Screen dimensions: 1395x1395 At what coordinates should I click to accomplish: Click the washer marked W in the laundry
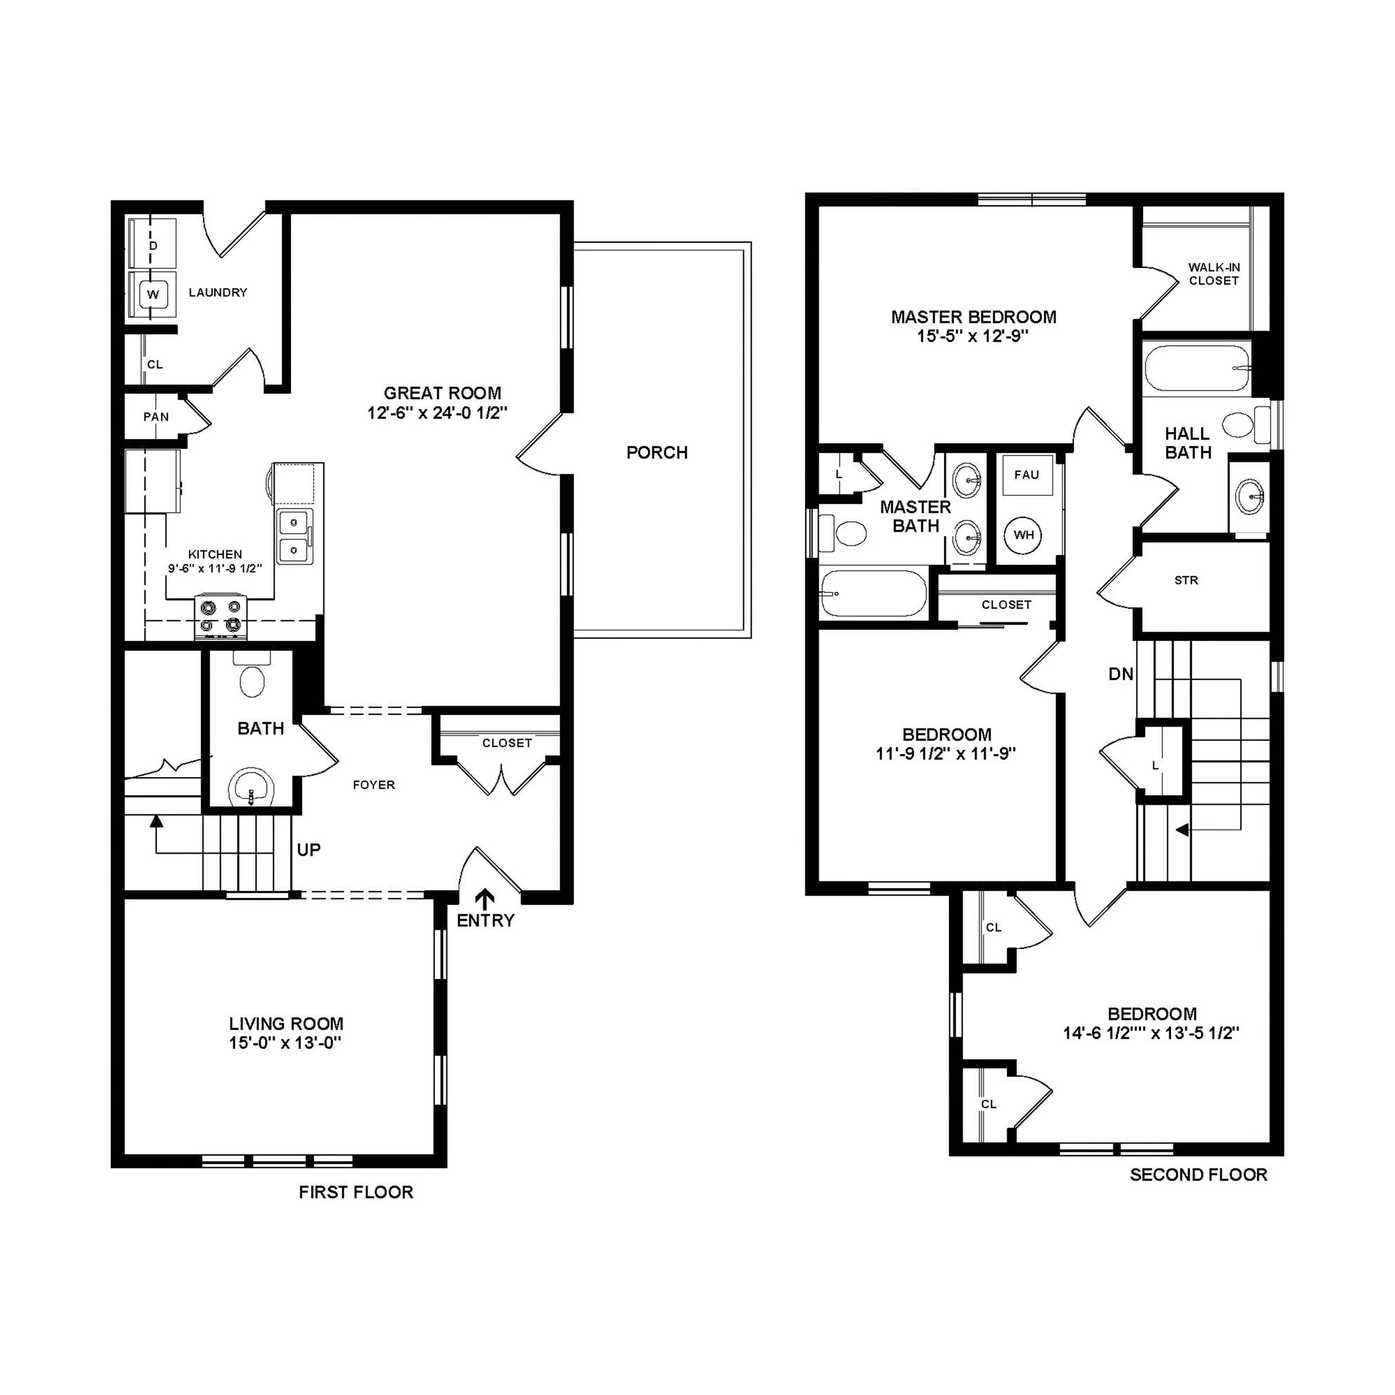(152, 295)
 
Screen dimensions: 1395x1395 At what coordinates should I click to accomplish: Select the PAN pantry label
(156, 417)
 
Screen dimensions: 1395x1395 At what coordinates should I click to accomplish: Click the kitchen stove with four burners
(220, 617)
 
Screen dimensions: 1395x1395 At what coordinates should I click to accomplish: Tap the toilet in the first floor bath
(252, 679)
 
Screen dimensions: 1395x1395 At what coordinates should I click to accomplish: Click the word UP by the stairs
(309, 850)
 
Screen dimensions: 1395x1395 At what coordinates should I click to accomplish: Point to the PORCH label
(656, 453)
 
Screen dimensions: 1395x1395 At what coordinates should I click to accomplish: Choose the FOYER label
(373, 785)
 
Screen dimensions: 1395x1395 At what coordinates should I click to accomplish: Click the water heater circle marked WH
(1024, 535)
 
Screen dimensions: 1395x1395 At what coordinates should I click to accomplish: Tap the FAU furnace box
(1027, 475)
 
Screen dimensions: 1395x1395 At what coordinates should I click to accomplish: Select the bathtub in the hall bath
(1196, 368)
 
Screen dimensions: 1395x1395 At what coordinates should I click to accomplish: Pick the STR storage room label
(1186, 580)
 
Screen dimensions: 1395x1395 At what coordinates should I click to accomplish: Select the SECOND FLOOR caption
(1198, 1175)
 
